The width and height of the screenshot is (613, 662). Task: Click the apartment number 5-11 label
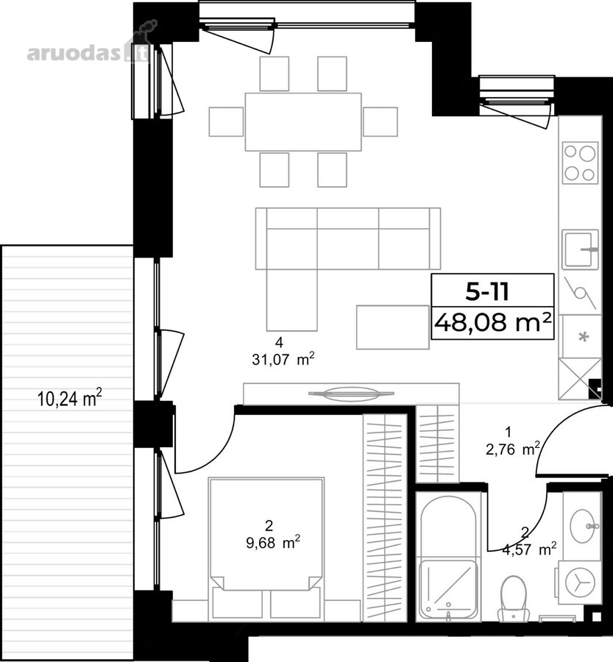[x=487, y=291]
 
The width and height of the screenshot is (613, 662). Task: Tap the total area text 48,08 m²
[x=492, y=323]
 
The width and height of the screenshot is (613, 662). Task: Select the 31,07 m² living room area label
[x=283, y=360]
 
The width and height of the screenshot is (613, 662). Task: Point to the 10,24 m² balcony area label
[x=70, y=398]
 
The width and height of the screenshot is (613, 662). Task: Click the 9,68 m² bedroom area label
[x=273, y=542]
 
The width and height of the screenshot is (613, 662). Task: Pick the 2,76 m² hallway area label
[x=513, y=449]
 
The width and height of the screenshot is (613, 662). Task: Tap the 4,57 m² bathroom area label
[x=529, y=549]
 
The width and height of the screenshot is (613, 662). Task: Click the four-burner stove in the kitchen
[x=581, y=163]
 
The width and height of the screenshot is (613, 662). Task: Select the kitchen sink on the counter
[x=580, y=249]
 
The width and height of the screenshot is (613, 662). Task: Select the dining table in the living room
[x=303, y=122]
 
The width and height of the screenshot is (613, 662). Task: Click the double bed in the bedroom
[x=266, y=549]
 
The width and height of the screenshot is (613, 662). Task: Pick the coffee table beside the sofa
[x=393, y=327]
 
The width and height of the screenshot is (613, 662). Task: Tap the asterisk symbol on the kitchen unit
[x=584, y=338]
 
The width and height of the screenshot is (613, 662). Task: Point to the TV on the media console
[x=351, y=394]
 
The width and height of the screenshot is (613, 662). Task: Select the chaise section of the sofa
[x=292, y=300]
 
